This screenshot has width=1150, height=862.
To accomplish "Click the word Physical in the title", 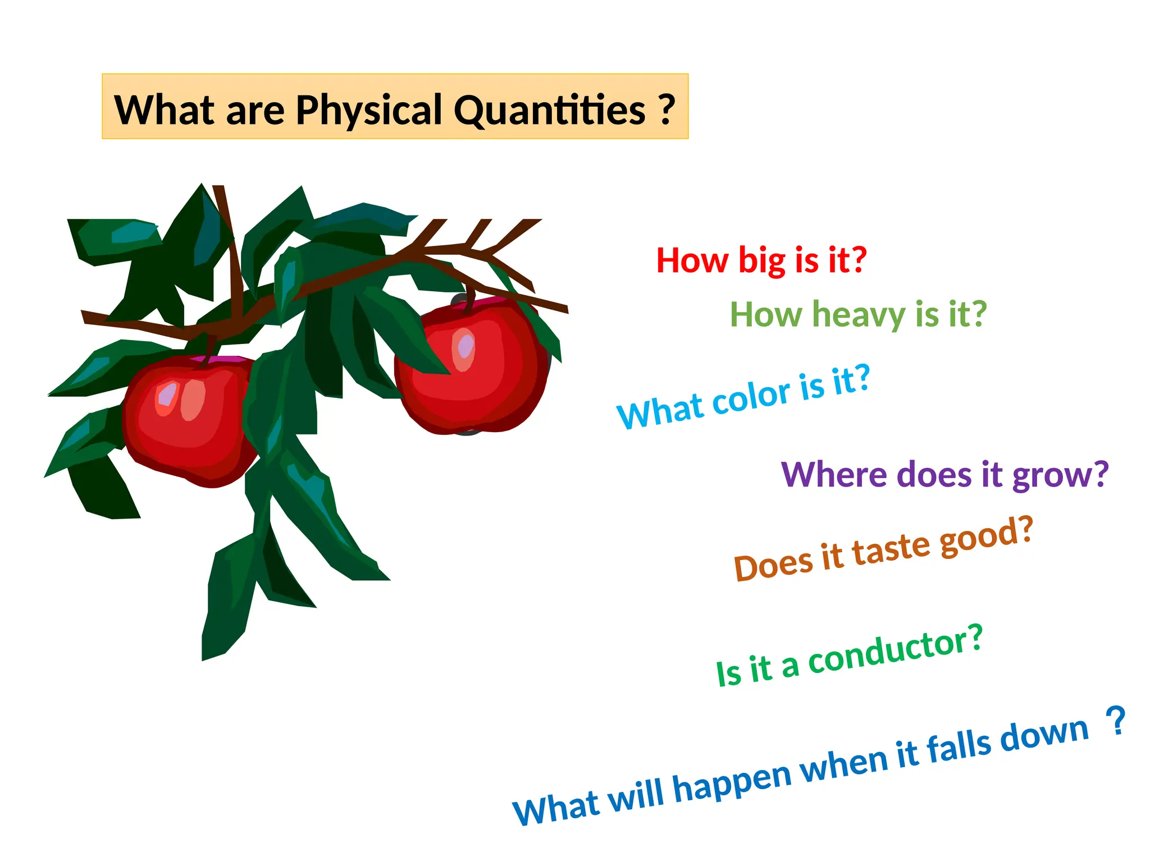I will tap(369, 111).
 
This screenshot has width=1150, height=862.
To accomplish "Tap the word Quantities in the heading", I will tap(549, 111).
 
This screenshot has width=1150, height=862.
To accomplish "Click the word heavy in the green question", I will tap(859, 315).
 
